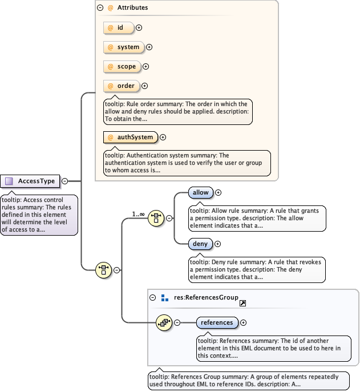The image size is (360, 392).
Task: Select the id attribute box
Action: (118, 27)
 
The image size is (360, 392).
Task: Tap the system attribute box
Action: (123, 47)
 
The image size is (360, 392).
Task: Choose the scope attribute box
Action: (122, 66)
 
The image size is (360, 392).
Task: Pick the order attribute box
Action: (121, 86)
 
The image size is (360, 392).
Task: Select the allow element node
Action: (200, 193)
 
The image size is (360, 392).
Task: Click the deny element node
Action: (200, 244)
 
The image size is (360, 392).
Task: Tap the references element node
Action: (217, 322)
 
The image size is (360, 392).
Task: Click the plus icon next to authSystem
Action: (163, 137)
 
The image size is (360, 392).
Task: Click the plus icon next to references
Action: (244, 322)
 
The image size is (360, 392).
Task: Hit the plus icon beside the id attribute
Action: (139, 27)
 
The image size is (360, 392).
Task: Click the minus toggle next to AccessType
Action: (64, 181)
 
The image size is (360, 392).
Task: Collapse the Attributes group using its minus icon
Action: (100, 8)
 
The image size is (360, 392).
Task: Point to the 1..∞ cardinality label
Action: (138, 214)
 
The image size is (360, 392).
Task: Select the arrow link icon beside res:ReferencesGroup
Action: (242, 304)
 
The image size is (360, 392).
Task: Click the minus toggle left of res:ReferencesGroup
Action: (153, 297)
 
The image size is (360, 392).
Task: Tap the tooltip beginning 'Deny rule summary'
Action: (257, 269)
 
